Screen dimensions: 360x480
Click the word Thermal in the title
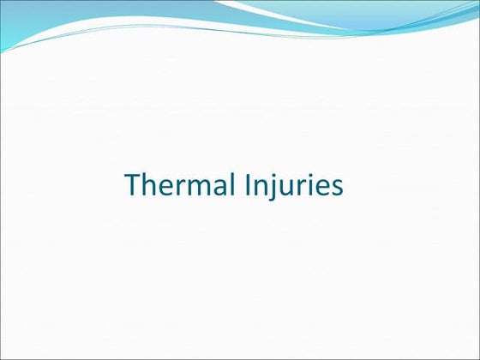coord(172,184)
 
